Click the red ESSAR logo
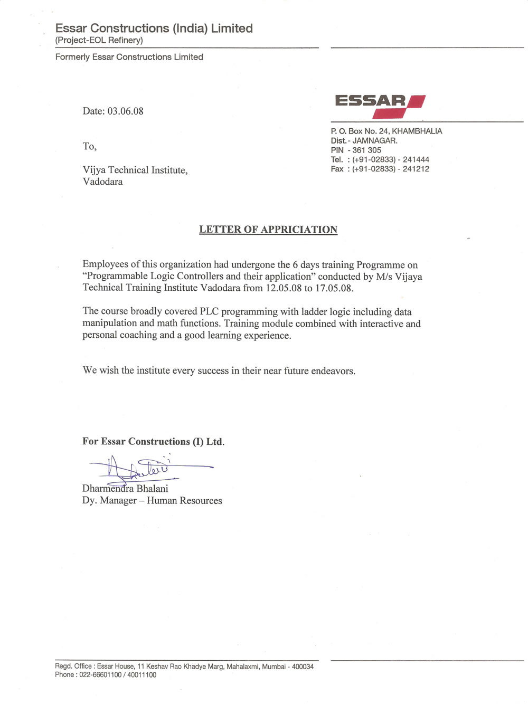click(x=380, y=106)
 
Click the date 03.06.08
click(x=126, y=111)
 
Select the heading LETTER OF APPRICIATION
click(x=268, y=230)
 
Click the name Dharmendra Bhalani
click(x=125, y=489)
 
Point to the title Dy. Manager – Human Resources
click(x=152, y=501)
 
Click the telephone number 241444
click(x=416, y=159)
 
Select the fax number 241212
click(x=416, y=169)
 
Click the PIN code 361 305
click(x=366, y=150)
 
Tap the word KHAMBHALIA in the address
click(x=417, y=131)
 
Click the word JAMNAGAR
click(x=375, y=140)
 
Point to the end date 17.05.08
click(x=334, y=288)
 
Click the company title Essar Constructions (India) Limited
click(x=154, y=28)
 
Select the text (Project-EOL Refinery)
click(x=99, y=41)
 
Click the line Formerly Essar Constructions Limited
click(x=129, y=57)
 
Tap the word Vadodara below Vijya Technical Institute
click(x=102, y=182)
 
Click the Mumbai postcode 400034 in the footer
click(x=303, y=667)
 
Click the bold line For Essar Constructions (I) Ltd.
click(x=153, y=442)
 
